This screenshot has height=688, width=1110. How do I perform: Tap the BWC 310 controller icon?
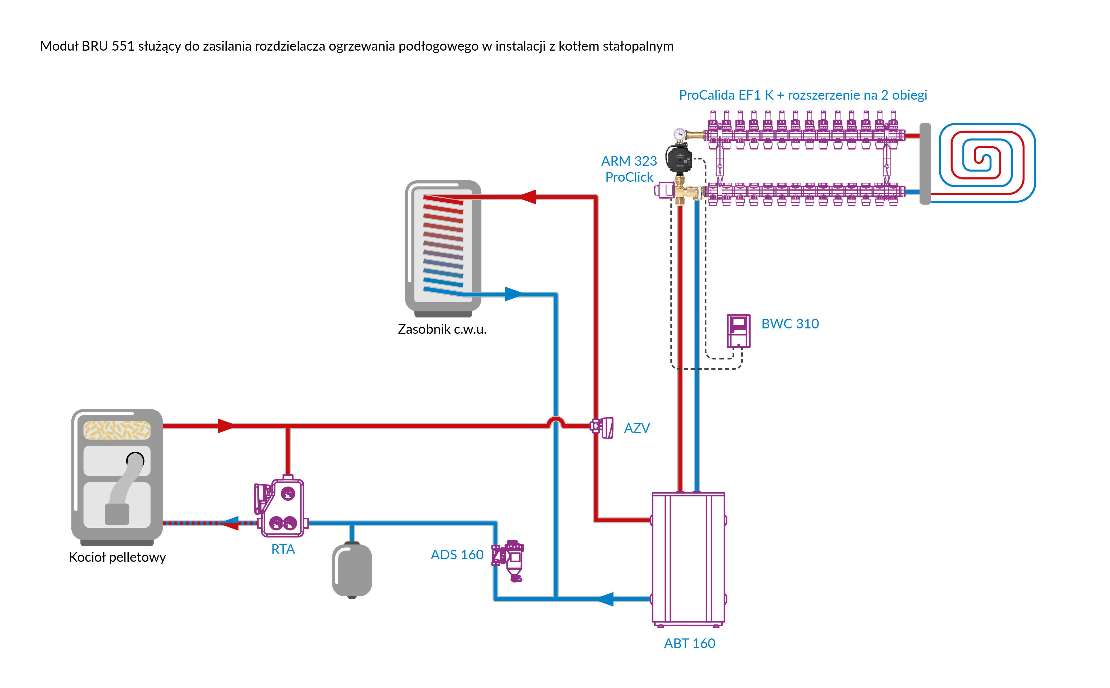point(738,331)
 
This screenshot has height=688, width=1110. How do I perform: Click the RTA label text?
point(283,549)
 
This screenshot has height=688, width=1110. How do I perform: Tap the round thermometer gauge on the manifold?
point(680,134)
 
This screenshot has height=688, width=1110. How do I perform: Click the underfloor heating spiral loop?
point(986,161)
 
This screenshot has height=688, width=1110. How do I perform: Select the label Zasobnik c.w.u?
point(442,329)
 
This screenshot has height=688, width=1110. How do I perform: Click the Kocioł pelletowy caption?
point(117,557)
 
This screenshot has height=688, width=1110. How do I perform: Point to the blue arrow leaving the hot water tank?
point(513,294)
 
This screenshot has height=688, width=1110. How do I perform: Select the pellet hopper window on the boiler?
point(117,430)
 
